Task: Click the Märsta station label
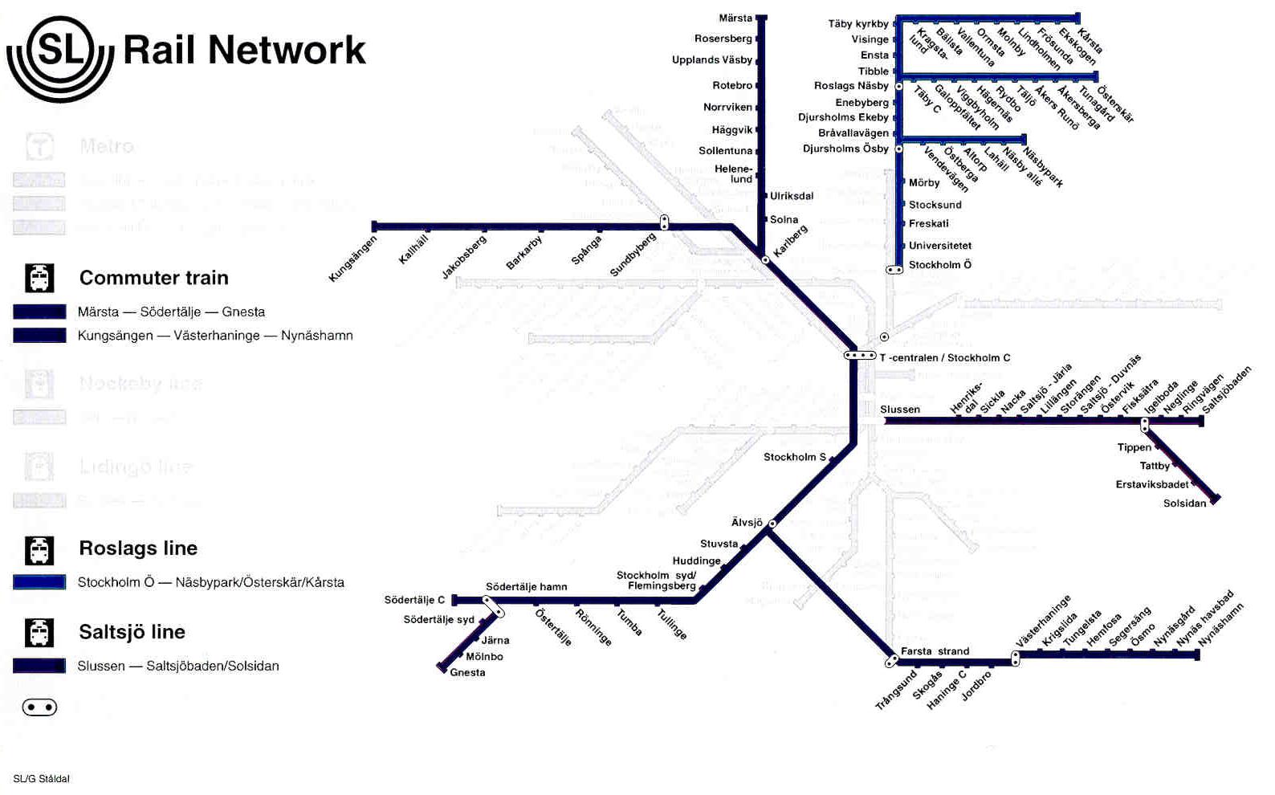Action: pyautogui.click(x=735, y=18)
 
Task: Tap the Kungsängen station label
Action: pyautogui.click(x=352, y=259)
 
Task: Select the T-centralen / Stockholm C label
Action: pyautogui.click(x=944, y=358)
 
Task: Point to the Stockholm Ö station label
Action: pyautogui.click(x=939, y=265)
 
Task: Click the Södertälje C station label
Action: pyautogui.click(x=414, y=600)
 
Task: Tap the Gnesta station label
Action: pyautogui.click(x=467, y=673)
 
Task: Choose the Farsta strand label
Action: pyautogui.click(x=935, y=651)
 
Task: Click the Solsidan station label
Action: pyautogui.click(x=1184, y=503)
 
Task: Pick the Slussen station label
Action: pyautogui.click(x=900, y=410)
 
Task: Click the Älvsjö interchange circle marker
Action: pyautogui.click(x=772, y=524)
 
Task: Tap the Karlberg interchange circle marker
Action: pyautogui.click(x=765, y=260)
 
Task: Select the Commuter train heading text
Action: pyautogui.click(x=153, y=278)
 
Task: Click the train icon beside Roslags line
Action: pyautogui.click(x=39, y=550)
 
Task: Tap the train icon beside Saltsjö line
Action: pyautogui.click(x=39, y=633)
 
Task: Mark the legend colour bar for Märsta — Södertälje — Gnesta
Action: pyautogui.click(x=39, y=312)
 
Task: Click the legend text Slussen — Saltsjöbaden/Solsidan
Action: pyautogui.click(x=178, y=666)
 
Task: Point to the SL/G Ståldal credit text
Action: pyautogui.click(x=42, y=779)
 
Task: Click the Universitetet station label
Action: pyautogui.click(x=939, y=246)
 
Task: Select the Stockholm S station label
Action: pyautogui.click(x=794, y=457)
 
